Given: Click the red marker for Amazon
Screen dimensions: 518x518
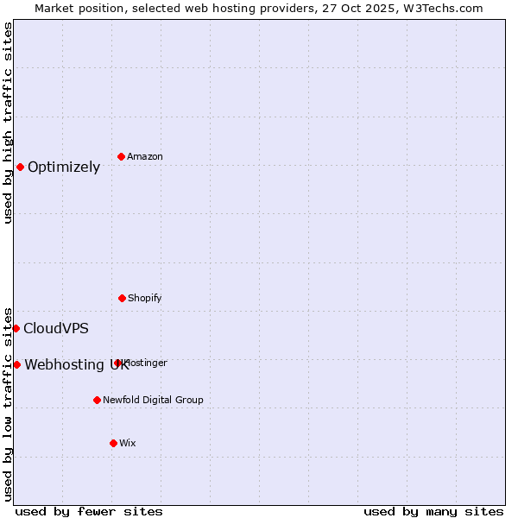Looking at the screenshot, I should pyautogui.click(x=121, y=156).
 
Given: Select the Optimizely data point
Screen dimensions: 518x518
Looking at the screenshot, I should pyautogui.click(x=20, y=167).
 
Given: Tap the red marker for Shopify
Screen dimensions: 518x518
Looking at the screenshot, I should pyautogui.click(x=122, y=298).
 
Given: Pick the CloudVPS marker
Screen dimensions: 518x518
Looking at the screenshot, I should pyautogui.click(x=16, y=328).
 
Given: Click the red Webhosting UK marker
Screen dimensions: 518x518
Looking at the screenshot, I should pyautogui.click(x=16, y=364).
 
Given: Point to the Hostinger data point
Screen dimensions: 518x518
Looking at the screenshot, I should pyautogui.click(x=117, y=363).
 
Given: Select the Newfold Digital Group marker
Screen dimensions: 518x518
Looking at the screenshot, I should pyautogui.click(x=97, y=400).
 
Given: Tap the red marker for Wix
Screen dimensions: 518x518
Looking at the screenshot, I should pyautogui.click(x=113, y=443).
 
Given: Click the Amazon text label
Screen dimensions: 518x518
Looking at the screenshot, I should pyautogui.click(x=145, y=156).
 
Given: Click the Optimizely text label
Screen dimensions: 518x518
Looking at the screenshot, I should pyautogui.click(x=64, y=167).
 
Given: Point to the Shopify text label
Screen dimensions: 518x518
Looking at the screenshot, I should pyautogui.click(x=145, y=298).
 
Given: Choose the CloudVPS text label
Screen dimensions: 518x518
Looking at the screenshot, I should pyautogui.click(x=56, y=328).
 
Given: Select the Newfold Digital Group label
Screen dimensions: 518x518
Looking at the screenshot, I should pyautogui.click(x=153, y=400).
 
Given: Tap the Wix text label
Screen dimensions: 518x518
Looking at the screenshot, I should pyautogui.click(x=128, y=443).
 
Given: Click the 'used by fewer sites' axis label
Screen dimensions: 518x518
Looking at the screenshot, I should pyautogui.click(x=89, y=511).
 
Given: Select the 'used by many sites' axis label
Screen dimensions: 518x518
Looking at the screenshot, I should pyautogui.click(x=433, y=511).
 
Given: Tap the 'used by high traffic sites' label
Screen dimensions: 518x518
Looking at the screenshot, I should pyautogui.click(x=8, y=123).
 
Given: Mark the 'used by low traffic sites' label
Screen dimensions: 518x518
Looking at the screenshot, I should pyautogui.click(x=8, y=404).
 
